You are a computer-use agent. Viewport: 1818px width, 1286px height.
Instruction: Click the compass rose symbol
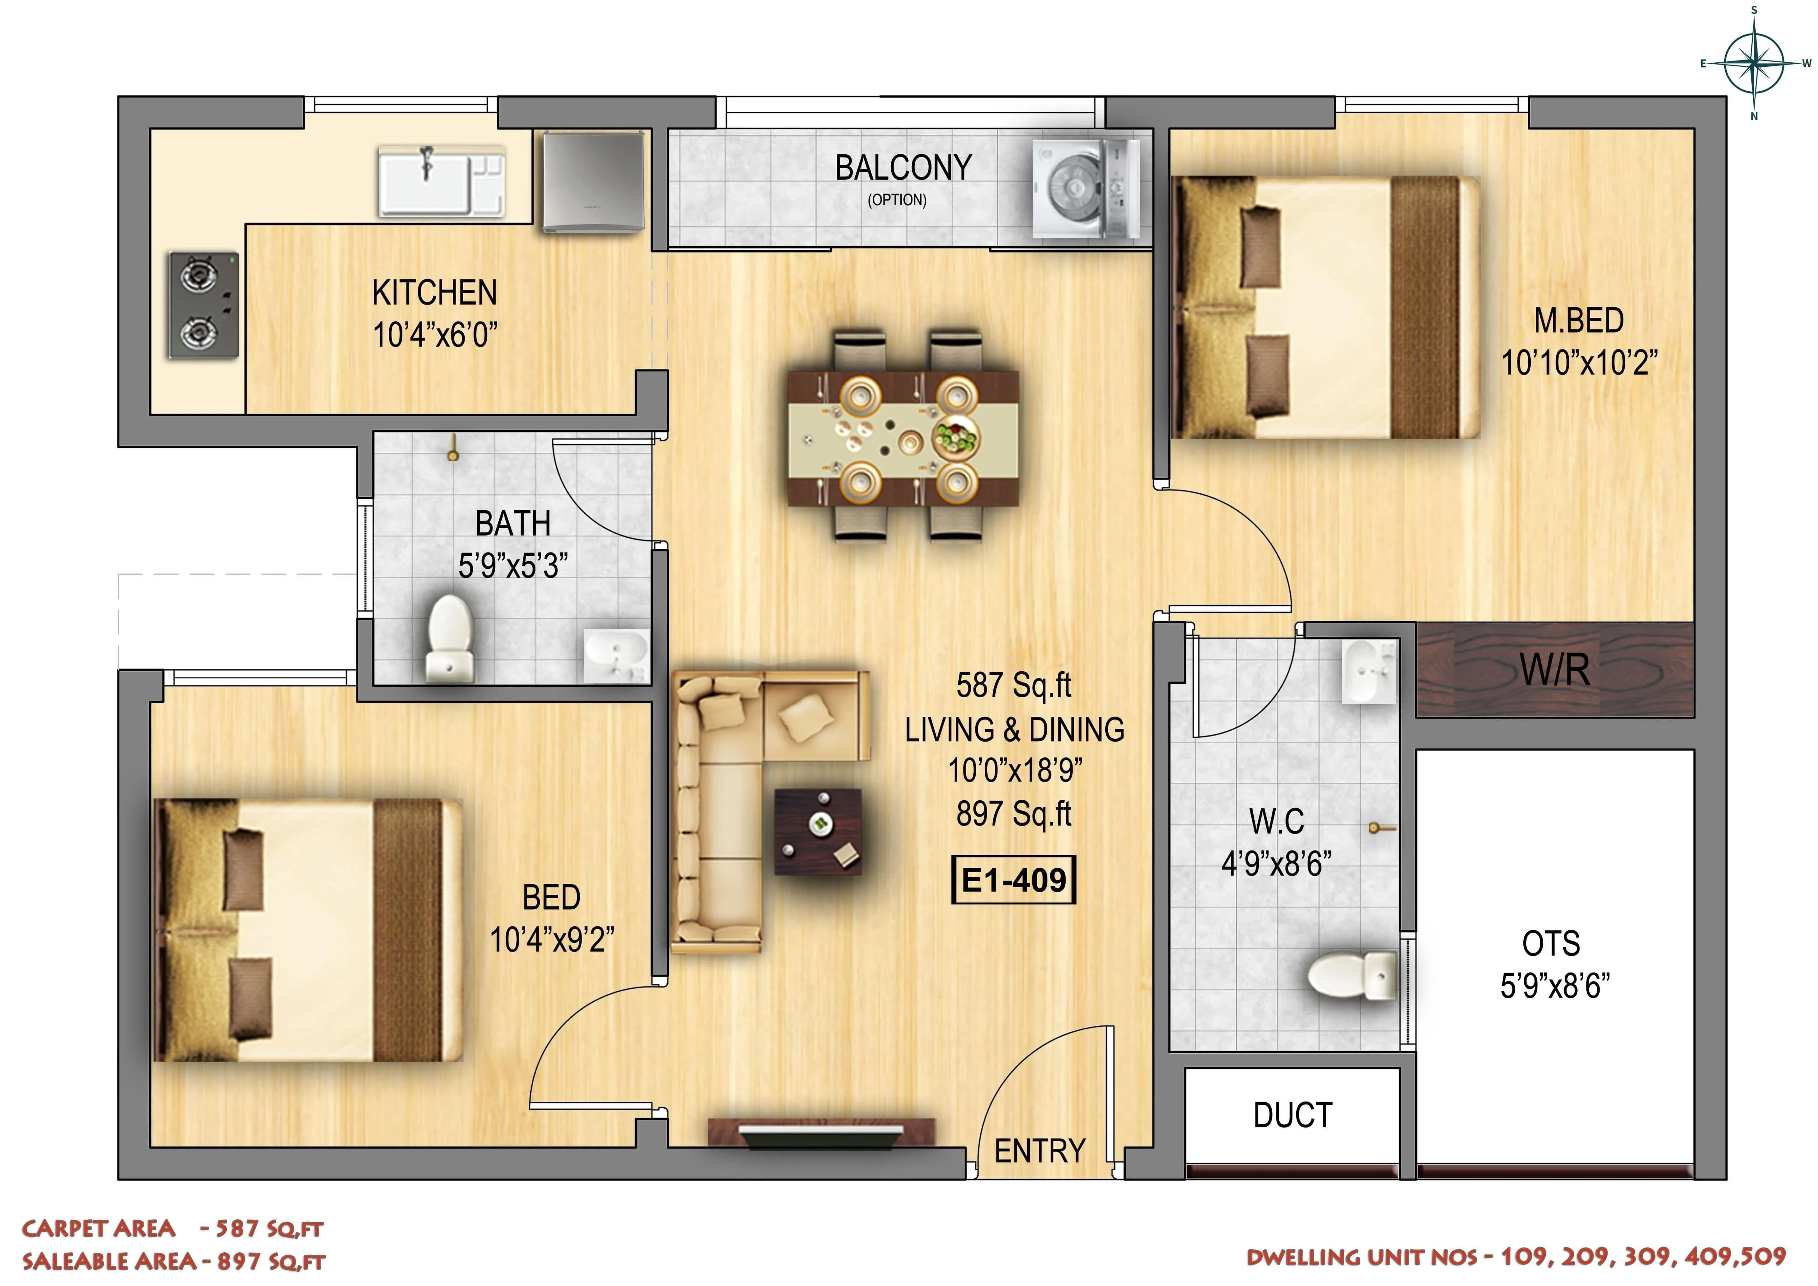(1754, 63)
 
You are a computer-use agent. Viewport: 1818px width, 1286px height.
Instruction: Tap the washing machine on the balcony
(1085, 188)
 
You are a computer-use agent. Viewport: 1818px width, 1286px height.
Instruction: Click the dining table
(903, 438)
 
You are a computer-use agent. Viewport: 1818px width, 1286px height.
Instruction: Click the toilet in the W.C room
(1351, 976)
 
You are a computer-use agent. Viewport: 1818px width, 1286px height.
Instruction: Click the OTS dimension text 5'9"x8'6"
(1554, 986)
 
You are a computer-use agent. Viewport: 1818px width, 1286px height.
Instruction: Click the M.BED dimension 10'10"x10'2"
(1578, 363)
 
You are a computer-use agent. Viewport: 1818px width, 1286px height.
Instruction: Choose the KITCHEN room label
(435, 293)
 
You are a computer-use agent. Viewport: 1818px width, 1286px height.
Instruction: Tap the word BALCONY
(903, 168)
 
